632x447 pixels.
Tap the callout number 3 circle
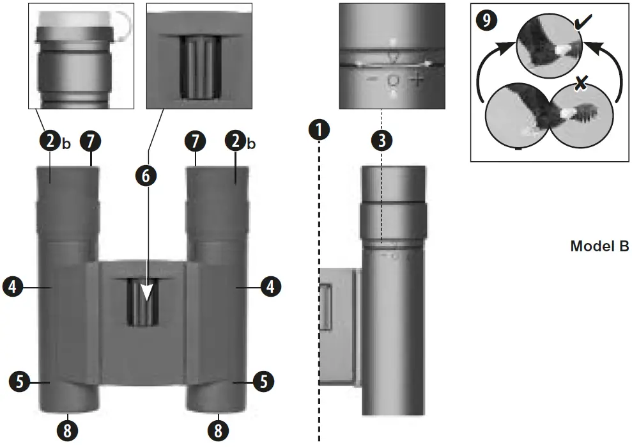pyautogui.click(x=382, y=141)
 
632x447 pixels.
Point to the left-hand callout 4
pyautogui.click(x=13, y=287)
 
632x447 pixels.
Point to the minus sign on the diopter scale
pyautogui.click(x=371, y=81)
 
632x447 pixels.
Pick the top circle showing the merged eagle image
pyautogui.click(x=550, y=45)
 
